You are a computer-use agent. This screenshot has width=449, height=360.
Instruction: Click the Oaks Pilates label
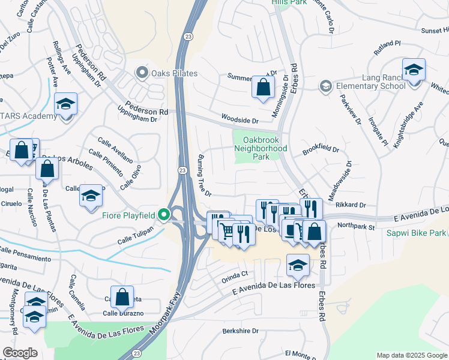[174, 73]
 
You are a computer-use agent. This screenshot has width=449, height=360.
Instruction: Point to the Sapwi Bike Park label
[417, 232]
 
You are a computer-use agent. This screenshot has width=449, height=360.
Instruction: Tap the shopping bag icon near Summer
[263, 87]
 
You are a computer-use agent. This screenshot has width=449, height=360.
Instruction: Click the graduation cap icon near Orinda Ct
[298, 265]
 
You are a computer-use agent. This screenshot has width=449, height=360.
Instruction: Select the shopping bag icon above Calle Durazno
[122, 296]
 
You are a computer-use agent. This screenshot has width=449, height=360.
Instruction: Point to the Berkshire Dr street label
[240, 331]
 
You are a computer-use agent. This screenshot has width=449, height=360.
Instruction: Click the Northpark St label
[355, 227]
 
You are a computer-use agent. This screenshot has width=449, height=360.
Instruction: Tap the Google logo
[20, 353]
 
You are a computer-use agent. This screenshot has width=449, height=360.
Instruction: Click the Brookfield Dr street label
[321, 149]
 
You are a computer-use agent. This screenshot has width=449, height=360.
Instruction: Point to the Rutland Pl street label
[387, 48]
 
